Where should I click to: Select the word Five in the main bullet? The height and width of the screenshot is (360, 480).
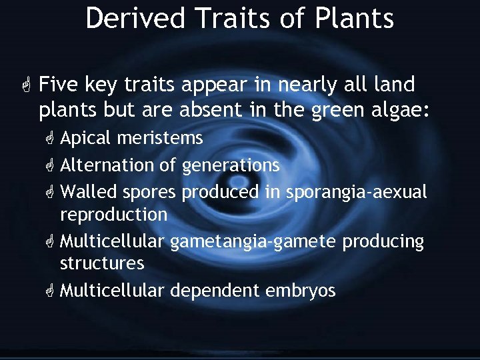(59, 85)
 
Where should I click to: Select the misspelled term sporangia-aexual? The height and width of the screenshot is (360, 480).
(357, 192)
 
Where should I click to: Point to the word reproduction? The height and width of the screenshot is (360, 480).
(113, 215)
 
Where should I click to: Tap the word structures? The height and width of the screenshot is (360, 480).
(101, 263)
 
